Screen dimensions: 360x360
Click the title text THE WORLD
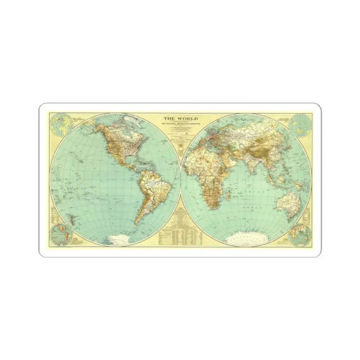(179, 119)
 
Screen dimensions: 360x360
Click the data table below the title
(179, 233)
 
